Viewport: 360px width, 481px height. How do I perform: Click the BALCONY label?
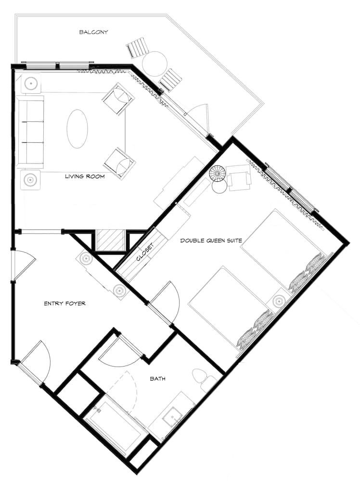93,32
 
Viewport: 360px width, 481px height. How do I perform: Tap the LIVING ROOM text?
85,177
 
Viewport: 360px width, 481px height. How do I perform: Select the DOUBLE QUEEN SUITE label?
211,240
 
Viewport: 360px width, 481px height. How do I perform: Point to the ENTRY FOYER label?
65,304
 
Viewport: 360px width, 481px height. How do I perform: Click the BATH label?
157,379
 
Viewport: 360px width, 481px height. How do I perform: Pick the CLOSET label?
144,250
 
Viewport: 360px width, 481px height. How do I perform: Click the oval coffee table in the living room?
77,129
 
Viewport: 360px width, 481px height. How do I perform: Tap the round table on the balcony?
154,64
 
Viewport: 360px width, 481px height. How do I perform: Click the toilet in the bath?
204,379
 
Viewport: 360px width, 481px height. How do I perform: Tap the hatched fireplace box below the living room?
110,241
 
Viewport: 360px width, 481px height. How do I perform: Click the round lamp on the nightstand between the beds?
279,301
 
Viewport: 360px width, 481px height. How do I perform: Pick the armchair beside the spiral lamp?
239,177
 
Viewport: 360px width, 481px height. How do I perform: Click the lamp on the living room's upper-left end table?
31,83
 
